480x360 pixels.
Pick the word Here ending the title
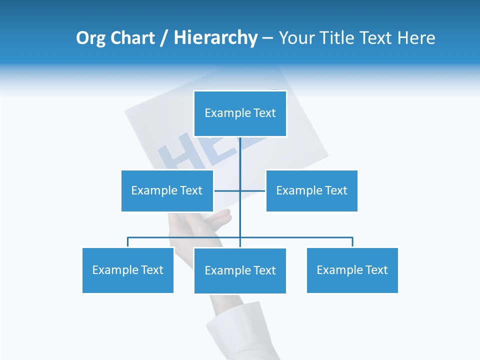click(416, 38)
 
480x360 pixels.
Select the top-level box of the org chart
click(240, 113)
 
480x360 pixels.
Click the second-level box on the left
click(167, 190)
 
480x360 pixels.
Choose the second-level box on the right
click(311, 190)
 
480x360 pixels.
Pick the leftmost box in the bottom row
click(127, 270)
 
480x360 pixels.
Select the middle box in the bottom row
click(240, 270)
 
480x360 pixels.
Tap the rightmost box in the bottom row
click(352, 270)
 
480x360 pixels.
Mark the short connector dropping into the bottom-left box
click(128, 242)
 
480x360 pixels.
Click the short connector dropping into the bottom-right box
click(352, 242)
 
